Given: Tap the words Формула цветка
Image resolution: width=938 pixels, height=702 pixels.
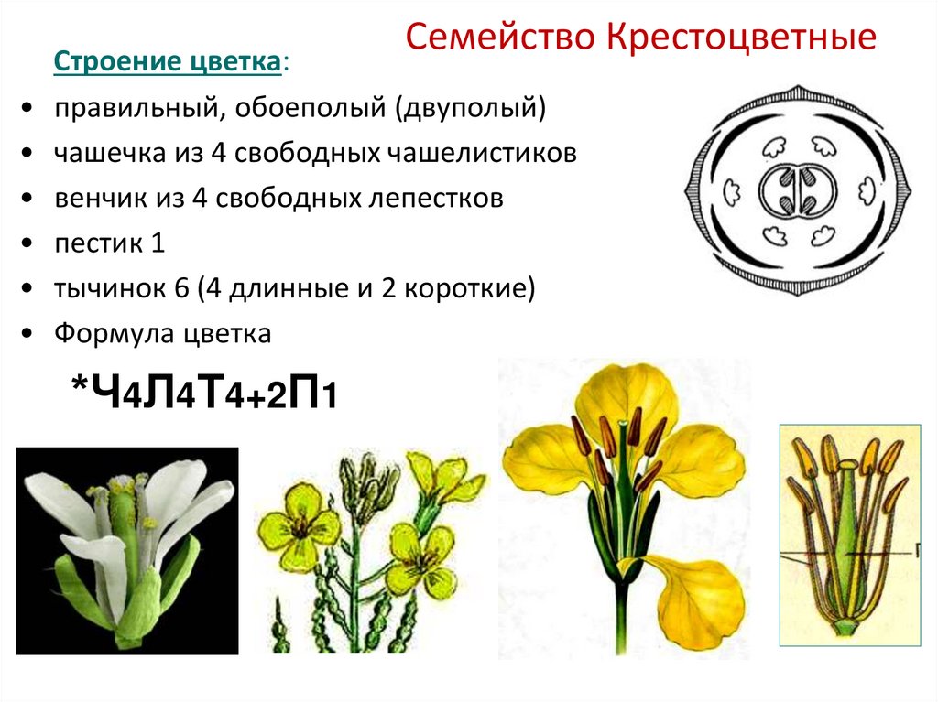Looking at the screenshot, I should (x=162, y=333).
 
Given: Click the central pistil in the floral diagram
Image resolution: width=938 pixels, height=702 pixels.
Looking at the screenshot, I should (x=792, y=191).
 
